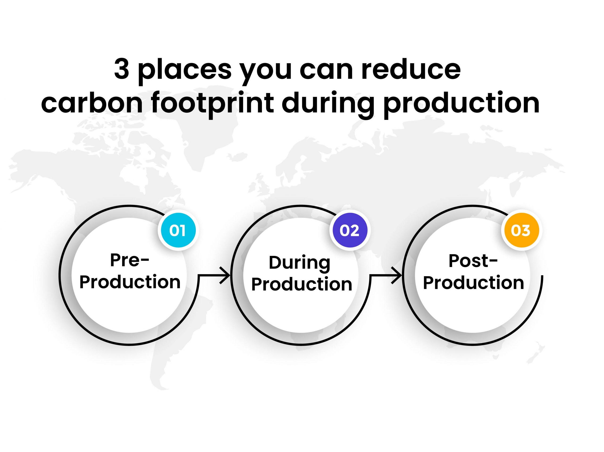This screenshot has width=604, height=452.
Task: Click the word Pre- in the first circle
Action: click(x=130, y=260)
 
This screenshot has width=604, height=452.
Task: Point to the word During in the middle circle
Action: click(x=300, y=263)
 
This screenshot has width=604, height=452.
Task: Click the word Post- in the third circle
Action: click(x=473, y=261)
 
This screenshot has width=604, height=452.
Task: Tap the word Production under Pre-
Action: click(x=130, y=282)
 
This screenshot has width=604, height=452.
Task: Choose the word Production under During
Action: click(x=302, y=284)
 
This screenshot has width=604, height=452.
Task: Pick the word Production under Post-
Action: click(x=474, y=283)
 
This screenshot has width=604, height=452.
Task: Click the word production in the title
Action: click(x=461, y=105)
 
